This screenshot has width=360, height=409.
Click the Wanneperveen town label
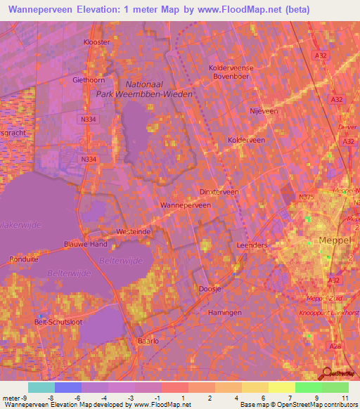pos(186,205)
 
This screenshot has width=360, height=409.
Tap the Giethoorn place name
pos(88,80)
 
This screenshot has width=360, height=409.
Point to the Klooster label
pos(97,42)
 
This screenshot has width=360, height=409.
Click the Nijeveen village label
pos(264,111)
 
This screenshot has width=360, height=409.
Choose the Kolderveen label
pos(246,141)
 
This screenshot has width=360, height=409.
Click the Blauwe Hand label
pos(85,245)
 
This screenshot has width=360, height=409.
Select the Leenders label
pos(252,245)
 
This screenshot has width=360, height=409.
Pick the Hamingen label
pos(225,312)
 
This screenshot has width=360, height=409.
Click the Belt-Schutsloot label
pos(58,322)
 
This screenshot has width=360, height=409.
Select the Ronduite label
pos(23,259)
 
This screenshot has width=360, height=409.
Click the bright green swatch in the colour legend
pos(308,387)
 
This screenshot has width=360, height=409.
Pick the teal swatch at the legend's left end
pos(41,387)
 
